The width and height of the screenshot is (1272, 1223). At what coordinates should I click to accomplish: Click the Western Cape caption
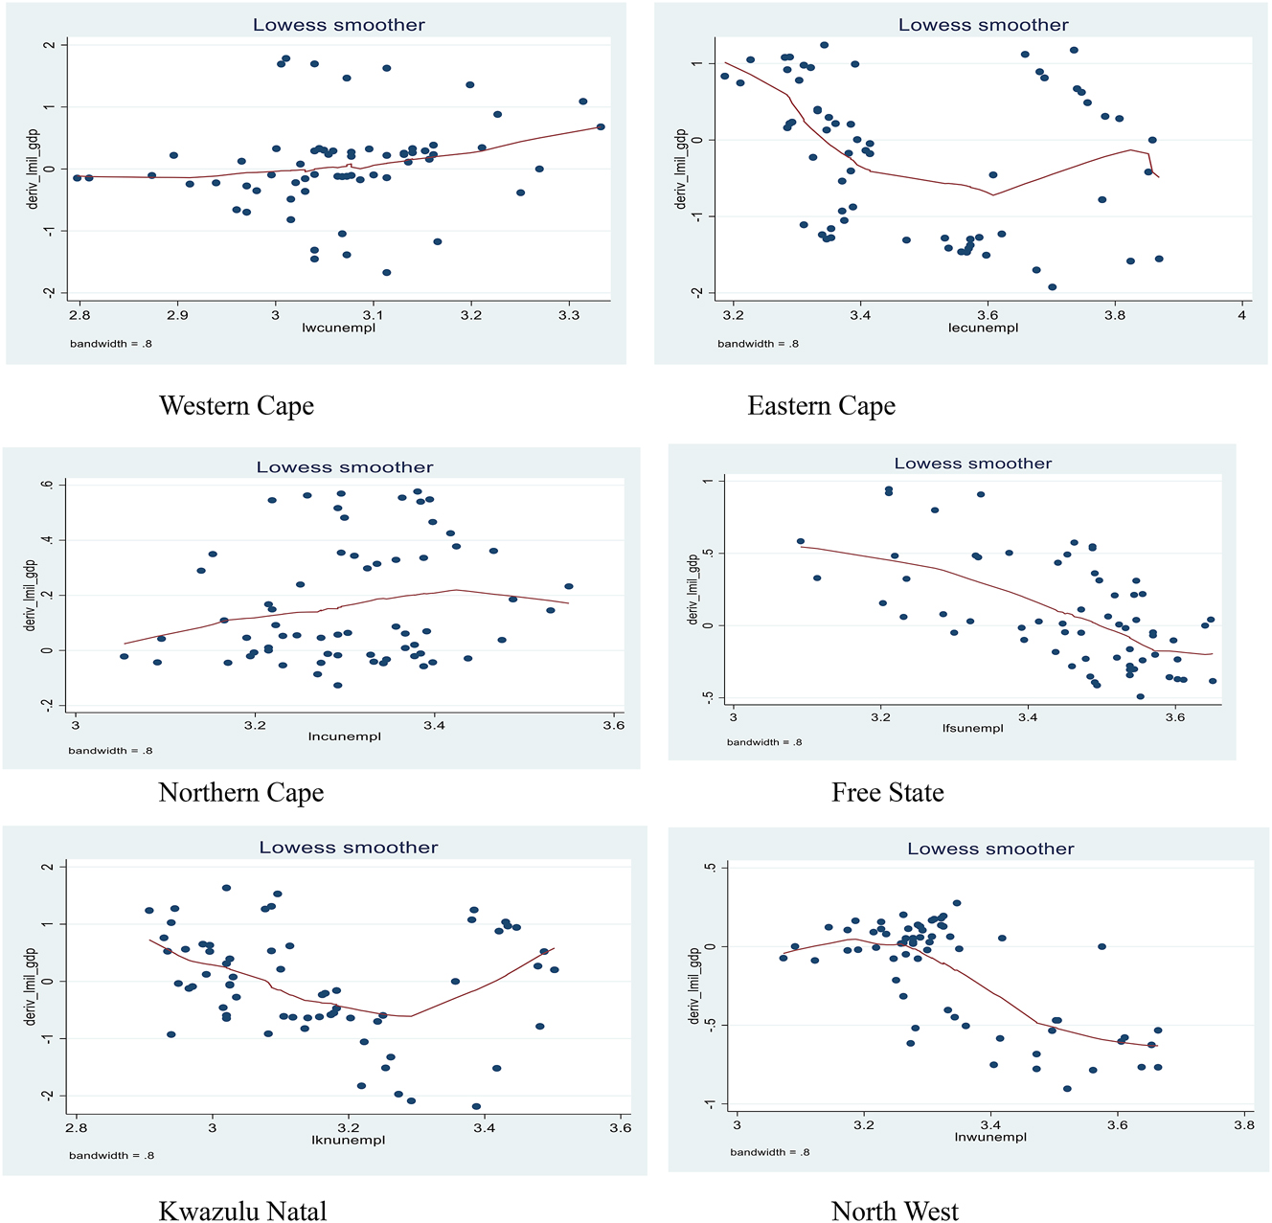click(237, 406)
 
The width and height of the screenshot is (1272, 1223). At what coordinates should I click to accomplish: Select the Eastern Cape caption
click(821, 406)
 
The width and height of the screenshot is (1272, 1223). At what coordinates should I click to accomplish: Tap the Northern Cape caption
click(240, 793)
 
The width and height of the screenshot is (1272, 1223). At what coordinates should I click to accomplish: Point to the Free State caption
click(887, 793)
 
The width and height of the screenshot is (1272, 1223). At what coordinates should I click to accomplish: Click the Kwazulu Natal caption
click(242, 1212)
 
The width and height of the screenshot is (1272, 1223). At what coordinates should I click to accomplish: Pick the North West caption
click(895, 1212)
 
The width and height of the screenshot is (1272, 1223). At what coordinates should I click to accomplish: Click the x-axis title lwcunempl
click(338, 328)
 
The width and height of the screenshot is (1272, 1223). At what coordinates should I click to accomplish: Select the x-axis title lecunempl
click(983, 328)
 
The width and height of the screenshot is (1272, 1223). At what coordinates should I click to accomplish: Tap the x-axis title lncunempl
click(344, 736)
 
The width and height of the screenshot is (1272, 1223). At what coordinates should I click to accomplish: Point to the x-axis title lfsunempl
click(972, 728)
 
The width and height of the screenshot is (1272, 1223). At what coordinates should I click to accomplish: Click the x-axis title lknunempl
click(348, 1140)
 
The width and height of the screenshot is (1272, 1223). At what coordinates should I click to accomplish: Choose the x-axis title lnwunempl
click(989, 1137)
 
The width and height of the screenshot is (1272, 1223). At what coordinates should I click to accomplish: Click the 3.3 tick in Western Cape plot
click(569, 314)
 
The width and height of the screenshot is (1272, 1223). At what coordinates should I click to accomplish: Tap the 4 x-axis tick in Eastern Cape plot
click(1241, 314)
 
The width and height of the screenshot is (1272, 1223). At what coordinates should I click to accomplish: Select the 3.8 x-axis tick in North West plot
click(1243, 1125)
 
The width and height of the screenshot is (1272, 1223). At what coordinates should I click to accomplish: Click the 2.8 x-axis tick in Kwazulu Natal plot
click(77, 1127)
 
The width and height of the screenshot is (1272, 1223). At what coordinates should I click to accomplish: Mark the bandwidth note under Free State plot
click(764, 742)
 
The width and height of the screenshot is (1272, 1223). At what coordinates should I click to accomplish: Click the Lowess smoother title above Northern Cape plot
click(345, 467)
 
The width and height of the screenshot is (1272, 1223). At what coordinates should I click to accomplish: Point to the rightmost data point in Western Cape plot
click(601, 126)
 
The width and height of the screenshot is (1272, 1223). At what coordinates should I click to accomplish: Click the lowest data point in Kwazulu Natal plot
click(476, 1106)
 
